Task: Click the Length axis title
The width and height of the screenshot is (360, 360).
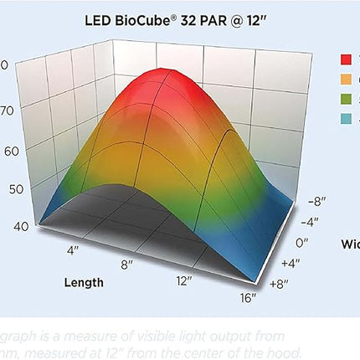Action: (x=84, y=282)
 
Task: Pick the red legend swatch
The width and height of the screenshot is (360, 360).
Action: (x=345, y=60)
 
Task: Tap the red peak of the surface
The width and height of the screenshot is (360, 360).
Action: (x=162, y=84)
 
